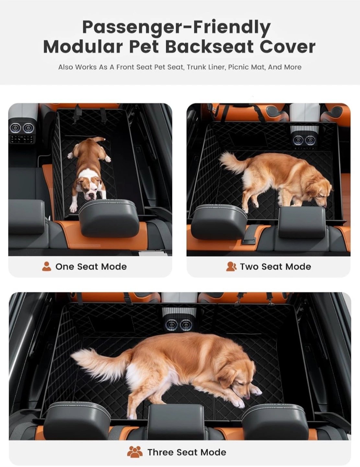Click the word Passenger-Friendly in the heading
click(176, 28)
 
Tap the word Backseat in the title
click(210, 47)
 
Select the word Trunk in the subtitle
click(195, 67)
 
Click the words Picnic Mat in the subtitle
click(246, 67)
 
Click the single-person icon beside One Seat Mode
click(47, 267)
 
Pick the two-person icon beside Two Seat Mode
click(231, 267)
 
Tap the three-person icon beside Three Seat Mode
click(135, 452)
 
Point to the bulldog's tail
click(99, 139)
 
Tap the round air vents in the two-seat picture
click(305, 140)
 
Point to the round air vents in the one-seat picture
click(22, 128)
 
